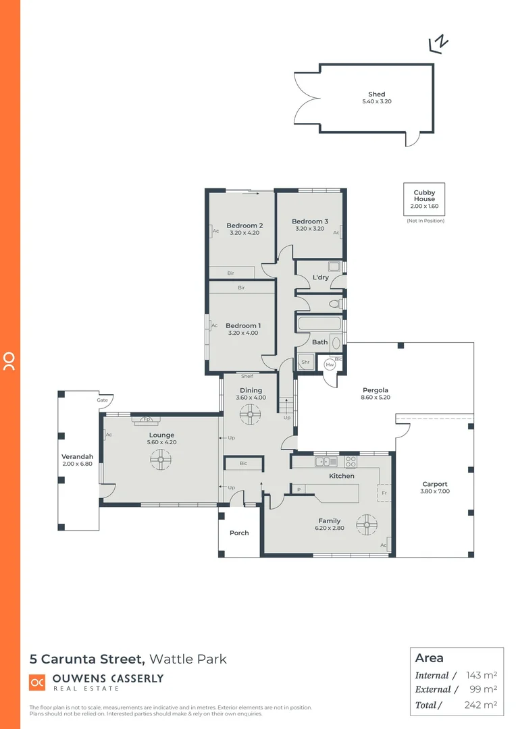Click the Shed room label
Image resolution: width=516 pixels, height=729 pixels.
coord(376,94)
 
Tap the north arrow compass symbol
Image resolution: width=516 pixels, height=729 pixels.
coord(439,44)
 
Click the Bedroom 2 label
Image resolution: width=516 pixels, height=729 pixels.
coord(244,225)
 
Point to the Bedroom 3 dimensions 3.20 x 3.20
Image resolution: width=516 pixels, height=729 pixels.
coord(310,229)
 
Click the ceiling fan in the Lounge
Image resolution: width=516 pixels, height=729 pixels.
coord(161,461)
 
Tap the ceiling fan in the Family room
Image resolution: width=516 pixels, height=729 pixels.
coord(368,524)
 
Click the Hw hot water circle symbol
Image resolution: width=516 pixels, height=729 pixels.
coord(330,364)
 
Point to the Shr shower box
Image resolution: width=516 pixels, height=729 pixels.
coord(305,362)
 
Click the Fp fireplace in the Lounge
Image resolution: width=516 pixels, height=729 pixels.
coord(147,420)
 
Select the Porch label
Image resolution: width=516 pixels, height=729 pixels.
coord(239,533)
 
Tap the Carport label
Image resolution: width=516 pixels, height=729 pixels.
coord(435,484)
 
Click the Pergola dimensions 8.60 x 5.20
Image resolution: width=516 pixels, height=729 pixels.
coord(376,398)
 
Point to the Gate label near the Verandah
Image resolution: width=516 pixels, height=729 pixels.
coord(102,400)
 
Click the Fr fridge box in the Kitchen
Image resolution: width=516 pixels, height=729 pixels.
coord(384,493)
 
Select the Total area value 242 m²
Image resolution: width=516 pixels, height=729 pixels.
coord(482,705)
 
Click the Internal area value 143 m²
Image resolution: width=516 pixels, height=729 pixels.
coord(482,675)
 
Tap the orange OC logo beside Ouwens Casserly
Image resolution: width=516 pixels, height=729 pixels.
coord(37,682)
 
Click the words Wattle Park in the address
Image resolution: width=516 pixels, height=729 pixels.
coord(188,659)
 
